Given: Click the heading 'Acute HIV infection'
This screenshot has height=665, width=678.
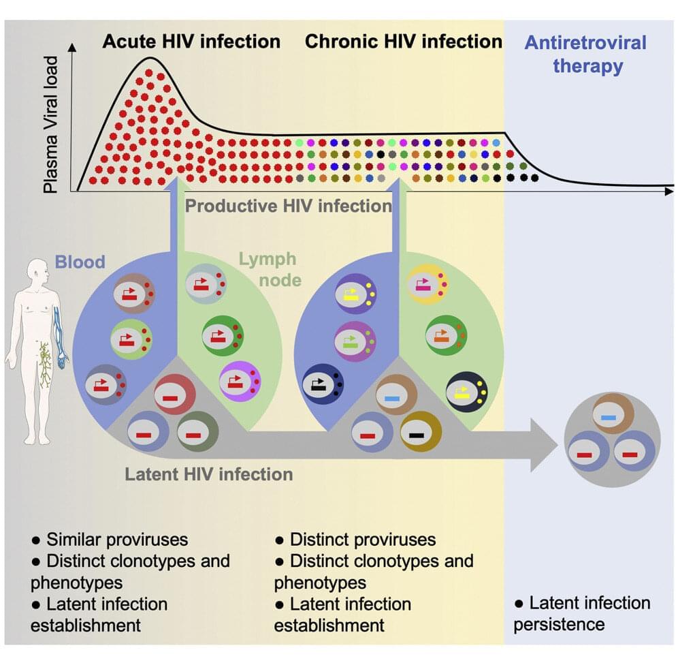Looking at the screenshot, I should (191, 42).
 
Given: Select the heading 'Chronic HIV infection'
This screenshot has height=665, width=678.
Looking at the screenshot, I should (403, 42).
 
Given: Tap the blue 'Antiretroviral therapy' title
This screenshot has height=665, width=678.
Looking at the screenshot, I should (585, 55).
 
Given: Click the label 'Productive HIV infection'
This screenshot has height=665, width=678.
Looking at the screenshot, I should (289, 205).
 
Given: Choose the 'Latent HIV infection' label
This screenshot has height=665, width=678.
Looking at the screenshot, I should (209, 473).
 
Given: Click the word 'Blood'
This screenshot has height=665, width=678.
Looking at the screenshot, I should (80, 261).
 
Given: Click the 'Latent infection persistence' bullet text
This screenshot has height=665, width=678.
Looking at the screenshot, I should (582, 613).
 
